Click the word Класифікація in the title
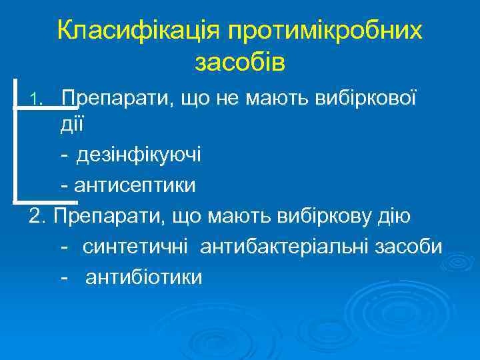coord(139,30)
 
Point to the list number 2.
coord(38,216)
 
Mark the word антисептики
coord(136,185)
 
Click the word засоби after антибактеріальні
coord(408,246)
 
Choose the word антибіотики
coord(143,276)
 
